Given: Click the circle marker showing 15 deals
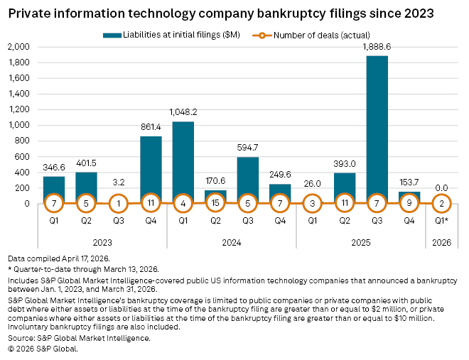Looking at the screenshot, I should click(x=215, y=204).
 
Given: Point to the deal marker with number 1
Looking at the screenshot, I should click(x=118, y=204).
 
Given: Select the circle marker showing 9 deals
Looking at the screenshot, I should click(x=409, y=204).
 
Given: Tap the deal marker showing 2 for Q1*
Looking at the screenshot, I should click(x=441, y=204).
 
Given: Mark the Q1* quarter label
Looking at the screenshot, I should click(x=441, y=222).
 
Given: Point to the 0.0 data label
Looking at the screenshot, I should click(x=441, y=188).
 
